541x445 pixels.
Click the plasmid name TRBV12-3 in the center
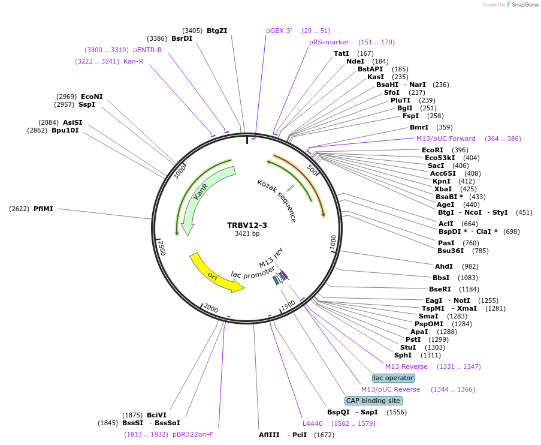[x=247, y=225]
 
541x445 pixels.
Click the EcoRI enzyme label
[x=432, y=150]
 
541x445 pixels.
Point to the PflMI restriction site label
[x=43, y=209]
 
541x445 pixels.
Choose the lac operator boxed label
[x=393, y=378]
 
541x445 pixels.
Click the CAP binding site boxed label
[x=373, y=401]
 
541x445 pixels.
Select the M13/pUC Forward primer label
[x=446, y=139]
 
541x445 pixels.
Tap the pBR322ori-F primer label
[x=193, y=434]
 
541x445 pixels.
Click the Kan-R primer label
[x=133, y=61]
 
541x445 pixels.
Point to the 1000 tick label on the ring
[x=333, y=243]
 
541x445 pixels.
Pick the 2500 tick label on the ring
[x=161, y=246]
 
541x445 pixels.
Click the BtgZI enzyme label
[x=217, y=31]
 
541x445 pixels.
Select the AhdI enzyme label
[x=444, y=266]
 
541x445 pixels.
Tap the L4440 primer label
[x=313, y=423]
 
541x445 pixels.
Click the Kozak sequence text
[x=276, y=200]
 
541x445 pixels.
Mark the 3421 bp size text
[x=247, y=234]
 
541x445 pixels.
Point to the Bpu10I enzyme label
[x=65, y=130]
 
